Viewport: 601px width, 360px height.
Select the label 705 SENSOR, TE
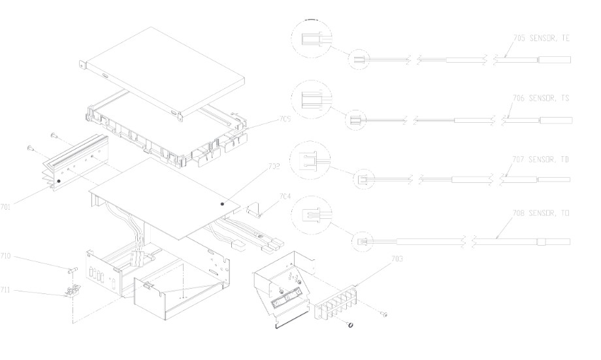[542, 39]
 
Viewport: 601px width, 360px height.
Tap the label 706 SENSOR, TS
[541, 98]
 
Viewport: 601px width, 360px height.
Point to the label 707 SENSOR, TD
[541, 159]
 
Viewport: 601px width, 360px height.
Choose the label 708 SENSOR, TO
[541, 214]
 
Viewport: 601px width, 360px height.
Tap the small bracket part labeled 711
[73, 291]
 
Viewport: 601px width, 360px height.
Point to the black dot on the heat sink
[59, 180]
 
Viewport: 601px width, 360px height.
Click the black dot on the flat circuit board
[222, 204]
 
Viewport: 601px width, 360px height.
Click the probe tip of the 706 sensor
[555, 120]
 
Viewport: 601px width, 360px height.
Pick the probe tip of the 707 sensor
[555, 179]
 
